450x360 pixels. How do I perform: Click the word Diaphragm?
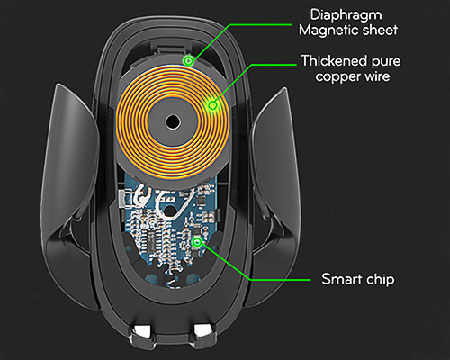coord(346,16)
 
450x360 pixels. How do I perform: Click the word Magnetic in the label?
coord(328,30)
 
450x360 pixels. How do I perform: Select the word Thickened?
coord(334,61)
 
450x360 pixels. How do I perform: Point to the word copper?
coord(337,77)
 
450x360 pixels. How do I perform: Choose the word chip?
coord(380,280)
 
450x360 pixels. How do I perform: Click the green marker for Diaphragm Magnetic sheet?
coord(188,61)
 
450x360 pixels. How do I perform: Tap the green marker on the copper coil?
coord(212,105)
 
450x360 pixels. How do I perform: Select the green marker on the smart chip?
coord(196,242)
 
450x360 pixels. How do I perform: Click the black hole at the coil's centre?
coord(173,122)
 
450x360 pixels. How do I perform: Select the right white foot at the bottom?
coord(203,330)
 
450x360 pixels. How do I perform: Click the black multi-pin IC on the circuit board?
coord(151,240)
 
